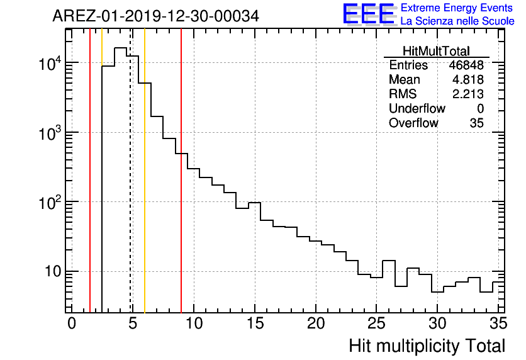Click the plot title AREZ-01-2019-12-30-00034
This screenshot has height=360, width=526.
(x=155, y=16)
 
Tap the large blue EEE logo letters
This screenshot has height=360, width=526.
(x=369, y=14)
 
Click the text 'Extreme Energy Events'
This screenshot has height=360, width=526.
(x=457, y=8)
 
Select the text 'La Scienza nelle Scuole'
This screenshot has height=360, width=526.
(x=457, y=21)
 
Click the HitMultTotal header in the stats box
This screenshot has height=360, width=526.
(x=436, y=52)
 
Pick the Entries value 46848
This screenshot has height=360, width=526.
(x=466, y=65)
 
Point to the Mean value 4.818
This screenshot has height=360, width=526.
(x=468, y=80)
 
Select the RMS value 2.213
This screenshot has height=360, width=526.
(x=468, y=94)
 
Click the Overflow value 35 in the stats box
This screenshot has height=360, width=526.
(x=476, y=123)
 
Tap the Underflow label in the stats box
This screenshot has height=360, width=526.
(x=417, y=109)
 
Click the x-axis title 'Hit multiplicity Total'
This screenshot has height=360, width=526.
(x=427, y=346)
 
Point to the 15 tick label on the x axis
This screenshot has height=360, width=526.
(x=255, y=323)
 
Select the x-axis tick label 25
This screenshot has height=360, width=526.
(x=376, y=323)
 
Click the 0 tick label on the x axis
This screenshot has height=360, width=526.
(x=72, y=323)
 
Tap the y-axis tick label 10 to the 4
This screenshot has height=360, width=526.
(x=50, y=63)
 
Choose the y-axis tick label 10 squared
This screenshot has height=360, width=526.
(x=50, y=202)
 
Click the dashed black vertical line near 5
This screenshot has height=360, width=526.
(x=130, y=189)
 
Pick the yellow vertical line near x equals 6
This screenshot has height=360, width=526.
(x=145, y=189)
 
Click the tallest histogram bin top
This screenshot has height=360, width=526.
(x=120, y=48)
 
